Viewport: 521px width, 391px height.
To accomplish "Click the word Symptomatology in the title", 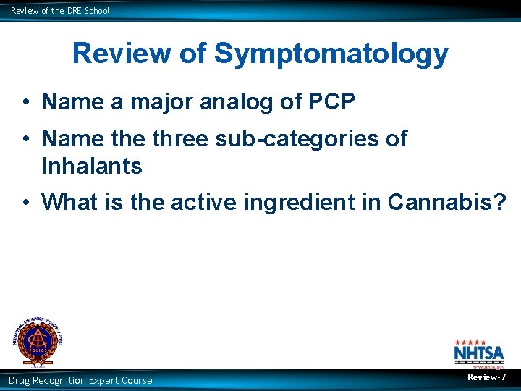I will [x=331, y=54].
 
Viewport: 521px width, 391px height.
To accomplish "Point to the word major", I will [x=156, y=102].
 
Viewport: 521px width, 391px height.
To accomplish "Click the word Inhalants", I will [x=92, y=166].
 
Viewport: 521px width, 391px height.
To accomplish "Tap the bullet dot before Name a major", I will [x=25, y=103].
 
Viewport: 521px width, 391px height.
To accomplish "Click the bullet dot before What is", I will [x=25, y=203].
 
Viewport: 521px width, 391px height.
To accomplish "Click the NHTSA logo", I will [x=474, y=353].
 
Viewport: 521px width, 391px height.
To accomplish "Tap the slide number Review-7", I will [x=486, y=377].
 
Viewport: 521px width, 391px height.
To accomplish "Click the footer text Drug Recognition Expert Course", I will [x=80, y=380].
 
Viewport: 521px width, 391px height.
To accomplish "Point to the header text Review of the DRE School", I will [x=60, y=11].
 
